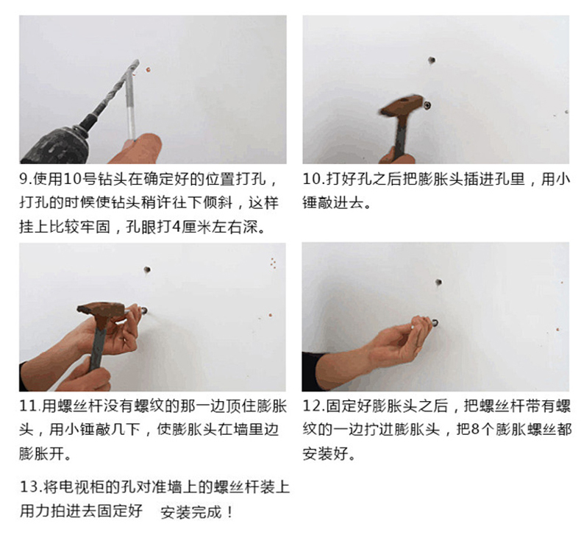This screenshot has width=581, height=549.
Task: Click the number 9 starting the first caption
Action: [x=24, y=180]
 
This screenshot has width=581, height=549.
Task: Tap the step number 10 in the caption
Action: [x=311, y=179]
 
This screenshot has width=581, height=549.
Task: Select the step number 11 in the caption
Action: [x=28, y=406]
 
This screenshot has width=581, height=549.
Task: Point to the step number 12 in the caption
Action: [x=311, y=406]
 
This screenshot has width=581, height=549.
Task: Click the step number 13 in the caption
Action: [x=29, y=486]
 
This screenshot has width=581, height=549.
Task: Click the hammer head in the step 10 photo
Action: [x=402, y=106]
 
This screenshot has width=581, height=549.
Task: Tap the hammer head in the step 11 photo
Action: [x=101, y=311]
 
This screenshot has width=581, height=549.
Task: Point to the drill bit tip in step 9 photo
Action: [x=137, y=61]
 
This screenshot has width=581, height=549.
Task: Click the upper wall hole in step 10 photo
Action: [x=431, y=60]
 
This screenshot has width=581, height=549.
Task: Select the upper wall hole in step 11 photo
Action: [x=147, y=269]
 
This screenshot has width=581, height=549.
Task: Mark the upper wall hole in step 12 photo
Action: [x=438, y=283]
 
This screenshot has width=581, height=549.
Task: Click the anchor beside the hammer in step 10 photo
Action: [x=427, y=105]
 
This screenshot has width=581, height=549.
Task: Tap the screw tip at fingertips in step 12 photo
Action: [x=434, y=323]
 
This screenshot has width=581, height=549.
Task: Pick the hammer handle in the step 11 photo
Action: [x=97, y=344]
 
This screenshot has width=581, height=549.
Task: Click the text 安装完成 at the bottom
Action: [x=191, y=513]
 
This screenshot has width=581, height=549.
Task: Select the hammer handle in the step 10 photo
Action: [x=400, y=135]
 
